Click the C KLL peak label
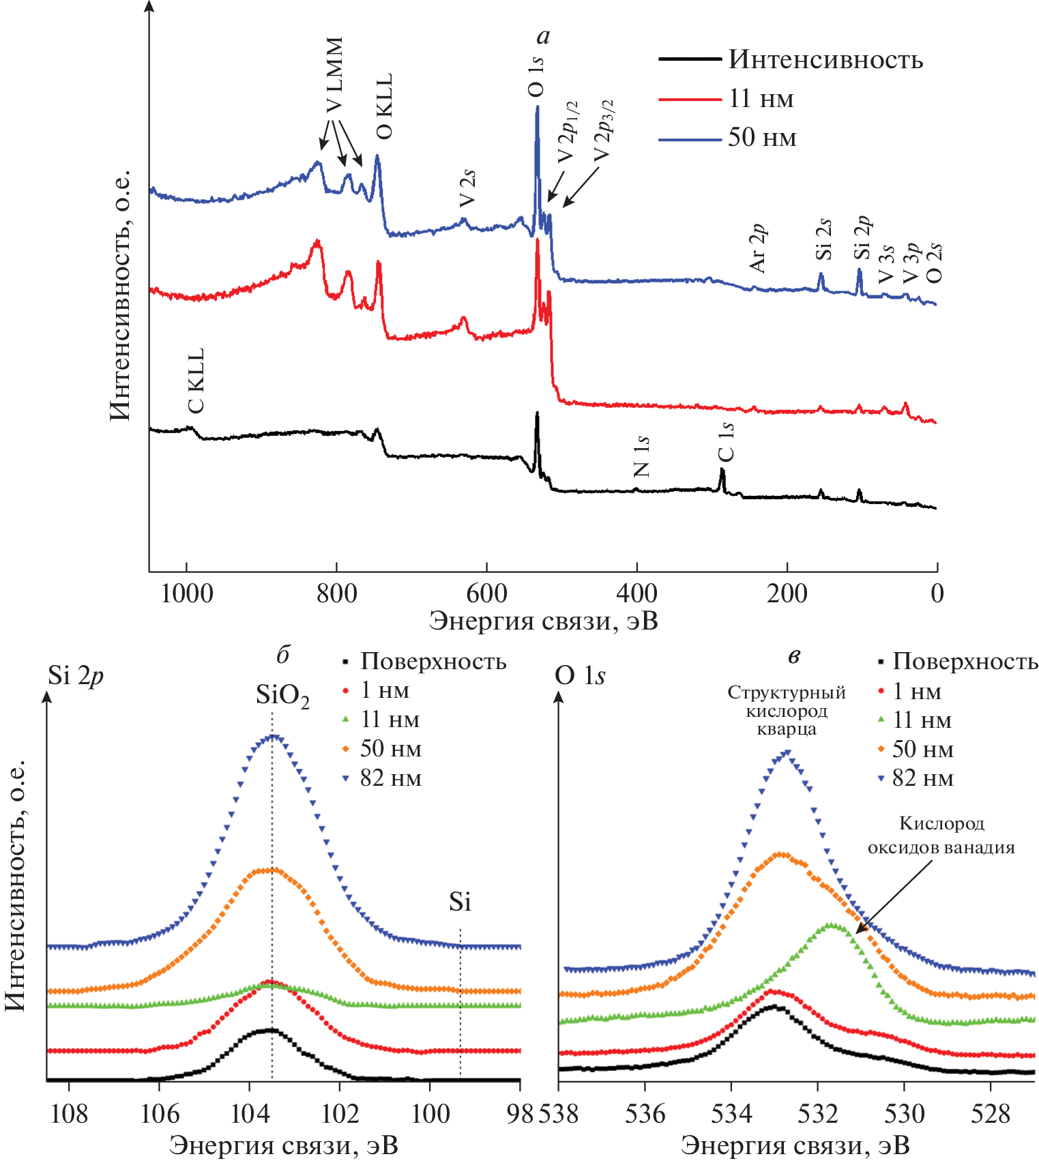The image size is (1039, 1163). (196, 381)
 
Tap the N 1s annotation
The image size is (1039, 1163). (641, 456)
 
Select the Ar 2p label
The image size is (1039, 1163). (757, 248)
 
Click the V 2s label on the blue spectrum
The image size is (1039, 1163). (467, 189)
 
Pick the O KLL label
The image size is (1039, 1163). (385, 106)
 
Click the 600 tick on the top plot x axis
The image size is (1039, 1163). (486, 593)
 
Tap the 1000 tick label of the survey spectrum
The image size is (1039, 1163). (186, 593)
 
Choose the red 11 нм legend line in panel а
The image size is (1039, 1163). (690, 100)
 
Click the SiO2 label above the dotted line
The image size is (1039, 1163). (282, 696)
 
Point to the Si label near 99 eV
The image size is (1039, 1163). (460, 902)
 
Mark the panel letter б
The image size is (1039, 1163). (282, 656)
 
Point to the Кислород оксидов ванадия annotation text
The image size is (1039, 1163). (941, 836)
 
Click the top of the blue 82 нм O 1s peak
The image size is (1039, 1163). (787, 752)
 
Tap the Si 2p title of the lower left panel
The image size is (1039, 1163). (76, 676)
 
